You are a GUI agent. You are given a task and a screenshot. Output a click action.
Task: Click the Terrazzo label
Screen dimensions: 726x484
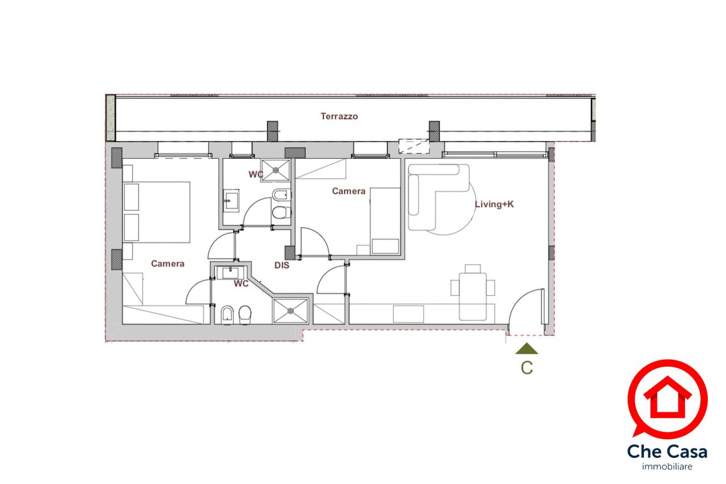(339, 116)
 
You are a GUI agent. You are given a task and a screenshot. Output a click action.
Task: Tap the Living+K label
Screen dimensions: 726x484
(494, 204)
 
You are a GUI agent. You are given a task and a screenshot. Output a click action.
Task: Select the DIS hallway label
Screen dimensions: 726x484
(282, 265)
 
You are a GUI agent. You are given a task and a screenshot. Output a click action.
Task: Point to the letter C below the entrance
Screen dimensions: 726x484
(527, 368)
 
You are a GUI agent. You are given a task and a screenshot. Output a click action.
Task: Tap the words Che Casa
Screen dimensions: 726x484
(667, 451)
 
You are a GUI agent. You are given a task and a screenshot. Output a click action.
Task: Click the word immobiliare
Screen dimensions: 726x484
(667, 466)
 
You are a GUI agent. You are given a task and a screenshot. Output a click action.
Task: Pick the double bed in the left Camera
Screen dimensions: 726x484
(156, 212)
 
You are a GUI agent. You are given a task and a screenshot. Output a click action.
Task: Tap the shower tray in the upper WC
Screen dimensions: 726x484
(276, 169)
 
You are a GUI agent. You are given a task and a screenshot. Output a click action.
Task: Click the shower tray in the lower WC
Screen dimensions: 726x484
(290, 311)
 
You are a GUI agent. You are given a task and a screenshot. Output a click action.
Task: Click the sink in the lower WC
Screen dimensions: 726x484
(230, 273)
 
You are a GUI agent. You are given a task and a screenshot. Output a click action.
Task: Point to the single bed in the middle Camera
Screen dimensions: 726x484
(385, 221)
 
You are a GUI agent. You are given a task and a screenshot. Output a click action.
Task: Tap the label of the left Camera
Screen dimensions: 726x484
(167, 264)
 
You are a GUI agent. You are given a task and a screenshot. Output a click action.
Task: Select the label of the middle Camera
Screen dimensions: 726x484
(349, 191)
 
